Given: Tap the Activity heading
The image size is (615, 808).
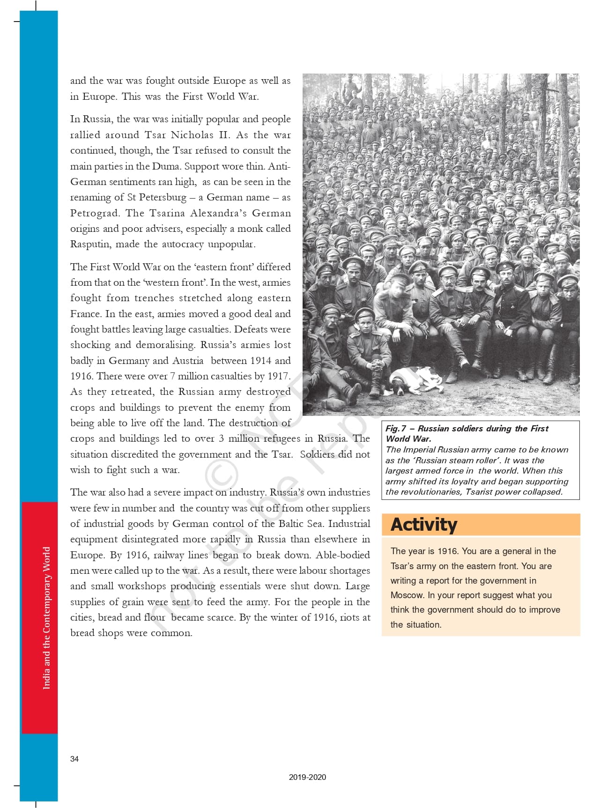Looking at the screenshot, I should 424,525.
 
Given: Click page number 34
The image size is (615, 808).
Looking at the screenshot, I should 74,759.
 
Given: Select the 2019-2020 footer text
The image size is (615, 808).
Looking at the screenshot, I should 307,777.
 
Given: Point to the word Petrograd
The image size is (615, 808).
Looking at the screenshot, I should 94,213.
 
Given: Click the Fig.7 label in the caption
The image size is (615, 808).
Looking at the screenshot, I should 396,429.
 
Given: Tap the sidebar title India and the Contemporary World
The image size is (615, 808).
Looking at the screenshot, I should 46,618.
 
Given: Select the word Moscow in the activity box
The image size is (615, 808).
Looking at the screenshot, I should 407,595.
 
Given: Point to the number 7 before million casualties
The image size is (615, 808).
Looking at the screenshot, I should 172,376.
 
